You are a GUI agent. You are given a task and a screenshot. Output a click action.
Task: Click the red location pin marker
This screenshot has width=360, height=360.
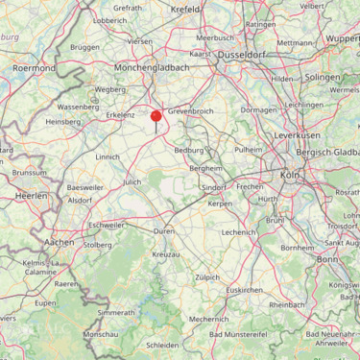click(156, 118)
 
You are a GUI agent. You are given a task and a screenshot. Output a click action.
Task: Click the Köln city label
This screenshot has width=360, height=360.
click(289, 176)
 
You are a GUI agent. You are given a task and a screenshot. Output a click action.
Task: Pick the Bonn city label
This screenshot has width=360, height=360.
click(326, 259)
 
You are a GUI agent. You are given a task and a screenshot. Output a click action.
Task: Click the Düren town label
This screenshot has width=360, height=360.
click(163, 231)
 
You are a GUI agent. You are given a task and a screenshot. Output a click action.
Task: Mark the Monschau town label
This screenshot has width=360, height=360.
click(101, 332)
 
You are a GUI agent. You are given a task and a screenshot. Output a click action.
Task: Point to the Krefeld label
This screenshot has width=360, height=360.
click(186, 8)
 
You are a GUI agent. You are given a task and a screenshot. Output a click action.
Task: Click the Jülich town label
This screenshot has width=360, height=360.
click(132, 181)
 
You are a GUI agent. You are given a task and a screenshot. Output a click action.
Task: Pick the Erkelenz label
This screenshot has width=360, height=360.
click(121, 114)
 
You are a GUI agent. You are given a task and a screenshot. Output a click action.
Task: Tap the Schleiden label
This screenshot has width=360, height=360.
click(162, 343)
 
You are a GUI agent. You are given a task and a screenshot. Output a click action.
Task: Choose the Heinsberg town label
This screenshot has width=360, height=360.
click(63, 122)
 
